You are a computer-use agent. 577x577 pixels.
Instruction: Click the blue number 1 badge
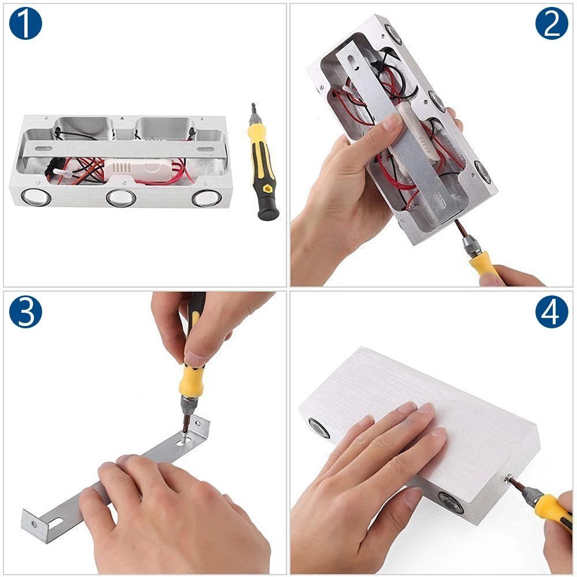tap(25, 23)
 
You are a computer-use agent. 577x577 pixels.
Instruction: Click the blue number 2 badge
tap(552, 23)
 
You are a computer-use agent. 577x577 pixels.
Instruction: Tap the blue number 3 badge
tap(25, 312)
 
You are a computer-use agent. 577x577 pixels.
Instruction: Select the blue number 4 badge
tap(552, 312)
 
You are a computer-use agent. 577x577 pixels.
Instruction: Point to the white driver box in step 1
tap(139, 171)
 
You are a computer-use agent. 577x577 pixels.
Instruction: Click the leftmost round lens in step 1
tap(36, 197)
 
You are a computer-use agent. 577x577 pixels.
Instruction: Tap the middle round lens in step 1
tap(121, 197)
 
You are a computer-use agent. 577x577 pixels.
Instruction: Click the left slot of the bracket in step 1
tap(43, 149)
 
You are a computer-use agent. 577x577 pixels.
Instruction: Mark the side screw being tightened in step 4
tap(509, 479)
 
